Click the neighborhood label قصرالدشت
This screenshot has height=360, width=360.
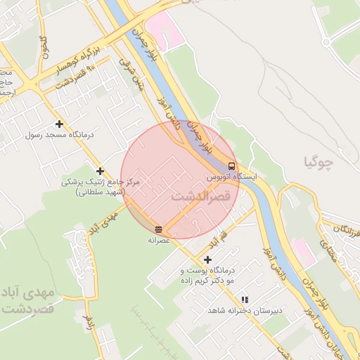tap(200, 196)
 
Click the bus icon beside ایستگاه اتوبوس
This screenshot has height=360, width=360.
tap(232, 167)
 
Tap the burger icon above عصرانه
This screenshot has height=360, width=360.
tap(159, 229)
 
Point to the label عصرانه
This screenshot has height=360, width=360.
tap(160, 240)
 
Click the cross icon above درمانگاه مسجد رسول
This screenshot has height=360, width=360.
tap(60, 124)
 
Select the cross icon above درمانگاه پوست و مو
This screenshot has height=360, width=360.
tap(207, 259)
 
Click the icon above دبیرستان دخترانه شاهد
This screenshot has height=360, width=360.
tap(245, 299)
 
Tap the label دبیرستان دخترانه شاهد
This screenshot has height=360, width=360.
tap(244, 309)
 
